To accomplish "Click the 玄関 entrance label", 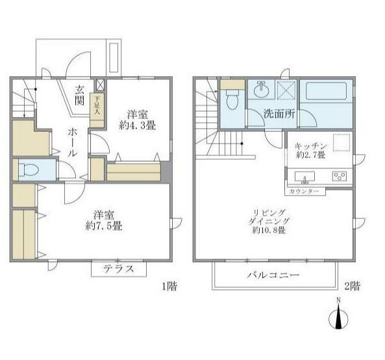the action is point(80,95).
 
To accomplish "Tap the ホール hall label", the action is point(73,143).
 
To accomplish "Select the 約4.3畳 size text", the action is point(138,126).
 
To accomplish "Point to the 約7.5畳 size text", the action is point(104,226).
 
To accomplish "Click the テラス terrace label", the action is point(119,269).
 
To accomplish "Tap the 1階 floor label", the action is point(169,286).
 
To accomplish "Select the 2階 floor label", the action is point(352,286).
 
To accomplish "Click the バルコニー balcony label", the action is point(273,275).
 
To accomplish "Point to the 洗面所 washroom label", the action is point(279,114).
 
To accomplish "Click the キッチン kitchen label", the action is point(310,146).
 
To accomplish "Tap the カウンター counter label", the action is point(304,192).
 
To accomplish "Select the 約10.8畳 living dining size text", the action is point(269,230).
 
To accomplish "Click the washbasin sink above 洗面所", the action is point(261,90).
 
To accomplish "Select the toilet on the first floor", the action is point(29,170).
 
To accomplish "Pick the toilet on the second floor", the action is point(232,100).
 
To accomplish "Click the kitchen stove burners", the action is point(340,176).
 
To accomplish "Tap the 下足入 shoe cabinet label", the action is point(97,105).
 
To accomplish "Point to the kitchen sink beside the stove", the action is point(305,177).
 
